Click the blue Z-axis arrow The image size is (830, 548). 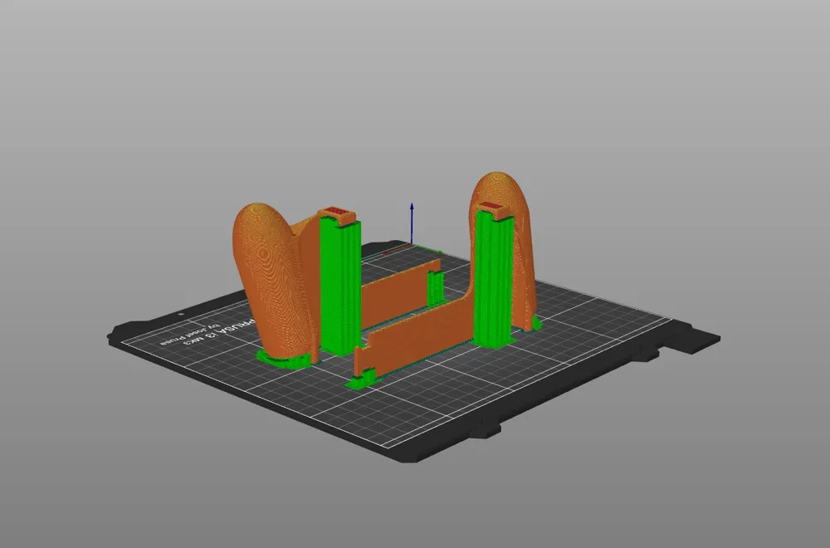(411, 224)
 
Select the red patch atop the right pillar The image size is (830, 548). (491, 204)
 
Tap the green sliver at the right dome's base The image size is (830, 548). (536, 323)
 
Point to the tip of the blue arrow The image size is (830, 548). (411, 203)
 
